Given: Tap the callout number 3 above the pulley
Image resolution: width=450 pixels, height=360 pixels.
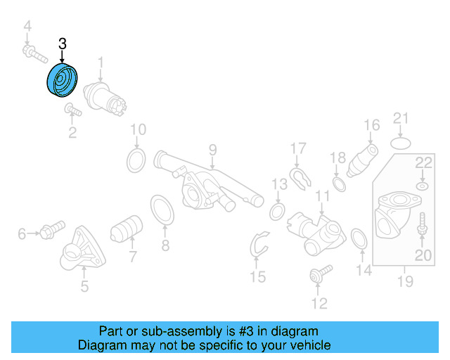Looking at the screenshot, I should [x=63, y=44].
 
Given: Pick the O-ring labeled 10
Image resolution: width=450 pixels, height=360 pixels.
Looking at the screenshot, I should [x=136, y=160].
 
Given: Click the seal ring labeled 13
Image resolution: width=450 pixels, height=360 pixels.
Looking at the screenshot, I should [x=277, y=212].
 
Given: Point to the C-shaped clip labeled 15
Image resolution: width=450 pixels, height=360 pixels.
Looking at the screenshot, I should [x=259, y=245].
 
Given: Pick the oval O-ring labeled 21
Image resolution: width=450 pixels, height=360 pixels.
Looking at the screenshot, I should [x=399, y=143].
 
